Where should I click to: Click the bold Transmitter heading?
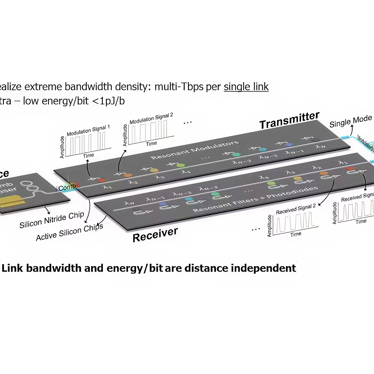[x=289, y=119]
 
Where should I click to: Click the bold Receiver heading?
[x=155, y=234]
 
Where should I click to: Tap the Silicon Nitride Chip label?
[x=52, y=220]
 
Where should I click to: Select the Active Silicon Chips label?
[x=69, y=232]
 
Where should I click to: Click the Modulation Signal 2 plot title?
[x=151, y=118]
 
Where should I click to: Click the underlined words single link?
[x=246, y=86]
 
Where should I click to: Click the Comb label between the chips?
[x=68, y=187]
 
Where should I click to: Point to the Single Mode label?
[x=350, y=121]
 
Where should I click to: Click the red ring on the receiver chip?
[x=350, y=169]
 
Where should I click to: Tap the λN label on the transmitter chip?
[x=320, y=147]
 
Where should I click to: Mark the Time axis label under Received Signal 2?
[x=295, y=234]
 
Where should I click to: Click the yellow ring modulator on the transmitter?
[x=154, y=170]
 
